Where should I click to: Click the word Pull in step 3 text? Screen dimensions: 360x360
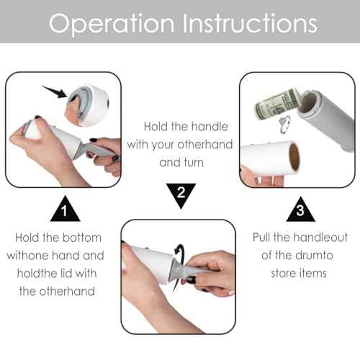[264, 237]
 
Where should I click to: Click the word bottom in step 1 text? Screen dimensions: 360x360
[81, 237]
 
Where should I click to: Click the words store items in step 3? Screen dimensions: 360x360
[299, 273]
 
